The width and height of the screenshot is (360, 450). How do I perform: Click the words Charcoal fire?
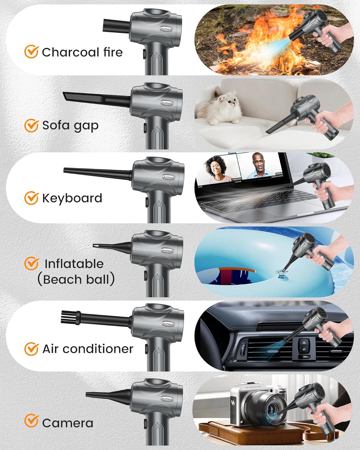tap(82, 52)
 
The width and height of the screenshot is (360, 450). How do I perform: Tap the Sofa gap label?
tap(70, 126)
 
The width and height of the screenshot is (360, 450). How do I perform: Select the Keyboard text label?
tap(72, 198)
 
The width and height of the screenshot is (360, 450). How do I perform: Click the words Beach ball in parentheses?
tap(76, 279)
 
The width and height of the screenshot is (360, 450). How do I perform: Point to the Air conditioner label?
tap(88, 349)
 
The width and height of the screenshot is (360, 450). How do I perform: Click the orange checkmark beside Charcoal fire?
tap(31, 51)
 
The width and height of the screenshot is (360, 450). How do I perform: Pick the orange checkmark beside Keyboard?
tap(31, 198)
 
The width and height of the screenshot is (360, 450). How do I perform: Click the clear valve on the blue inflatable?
tap(282, 274)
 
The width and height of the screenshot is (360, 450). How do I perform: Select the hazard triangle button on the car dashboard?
tap(303, 342)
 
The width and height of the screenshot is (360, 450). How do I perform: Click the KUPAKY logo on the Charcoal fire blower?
tap(166, 29)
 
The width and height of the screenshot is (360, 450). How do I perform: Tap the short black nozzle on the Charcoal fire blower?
tap(116, 25)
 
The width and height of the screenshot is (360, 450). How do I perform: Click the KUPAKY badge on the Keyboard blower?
tap(169, 177)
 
